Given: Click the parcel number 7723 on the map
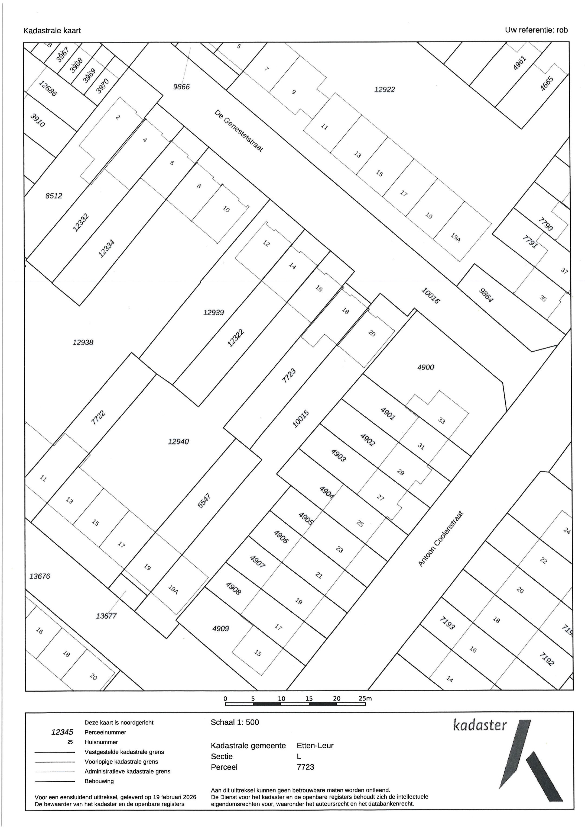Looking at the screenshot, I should coord(289,376).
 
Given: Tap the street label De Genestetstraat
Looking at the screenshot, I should coord(239,131).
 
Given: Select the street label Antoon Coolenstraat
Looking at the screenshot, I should coord(441,539).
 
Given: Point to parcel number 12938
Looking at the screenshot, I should coord(83,342).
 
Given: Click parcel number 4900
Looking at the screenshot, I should coord(425,367).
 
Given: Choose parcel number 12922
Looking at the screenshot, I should coord(384,89).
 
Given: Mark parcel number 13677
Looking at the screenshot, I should coord(106,616).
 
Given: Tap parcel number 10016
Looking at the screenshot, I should coord(430,295).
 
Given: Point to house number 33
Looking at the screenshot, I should coord(442,421).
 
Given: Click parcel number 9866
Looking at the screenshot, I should coord(181,86).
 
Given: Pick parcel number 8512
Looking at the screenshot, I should coord(54,196).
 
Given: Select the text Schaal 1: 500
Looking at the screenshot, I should coord(235,722).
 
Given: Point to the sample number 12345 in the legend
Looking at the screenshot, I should coord(62,732).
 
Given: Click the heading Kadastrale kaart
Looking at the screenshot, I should coord(52,31).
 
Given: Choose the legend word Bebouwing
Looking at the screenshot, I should coord(99,781).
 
